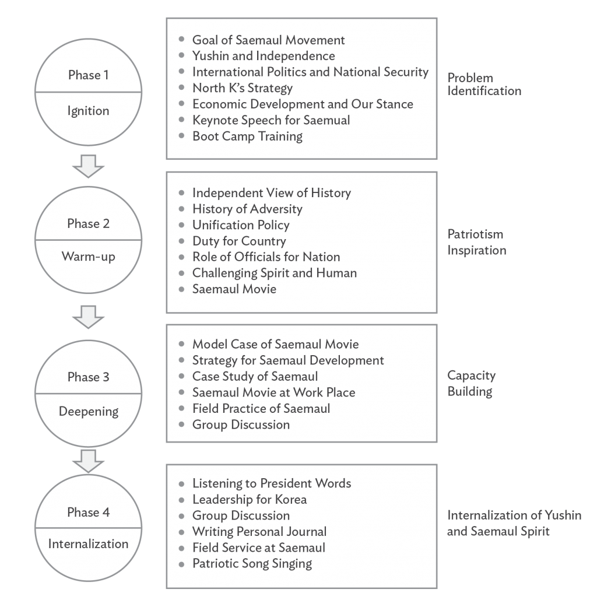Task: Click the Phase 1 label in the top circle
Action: pos(89,75)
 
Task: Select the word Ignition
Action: pos(89,111)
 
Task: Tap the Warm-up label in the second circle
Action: pos(89,257)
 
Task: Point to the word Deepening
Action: pos(89,412)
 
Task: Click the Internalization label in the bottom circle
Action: pos(89,544)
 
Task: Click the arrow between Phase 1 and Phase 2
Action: pos(89,166)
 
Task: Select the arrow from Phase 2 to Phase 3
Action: pos(89,317)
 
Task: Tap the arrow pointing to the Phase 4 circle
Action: pos(89,461)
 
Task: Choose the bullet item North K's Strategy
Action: pos(243,88)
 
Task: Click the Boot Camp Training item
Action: pos(248,136)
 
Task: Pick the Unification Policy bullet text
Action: pos(241,225)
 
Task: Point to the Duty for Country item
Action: pos(239,241)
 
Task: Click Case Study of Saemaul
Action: pos(255,376)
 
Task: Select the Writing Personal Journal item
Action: pos(259,531)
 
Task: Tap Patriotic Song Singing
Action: pos(252,564)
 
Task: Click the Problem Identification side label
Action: pos(484,85)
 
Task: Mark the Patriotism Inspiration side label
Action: pos(477,242)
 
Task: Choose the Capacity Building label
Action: pos(471,383)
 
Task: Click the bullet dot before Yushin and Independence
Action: pos(182,55)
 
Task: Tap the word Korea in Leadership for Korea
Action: pos(291,499)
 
